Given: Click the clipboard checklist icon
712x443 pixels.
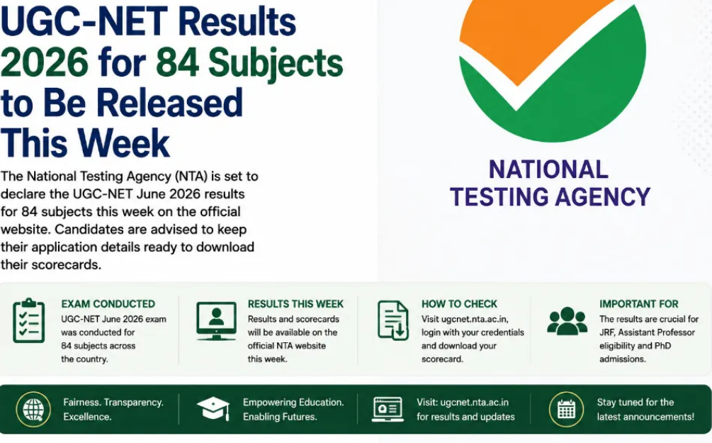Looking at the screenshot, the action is coord(28,320).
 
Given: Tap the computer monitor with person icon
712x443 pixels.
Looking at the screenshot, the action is coord(216,321).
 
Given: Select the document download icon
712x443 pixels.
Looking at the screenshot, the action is coord(392,320).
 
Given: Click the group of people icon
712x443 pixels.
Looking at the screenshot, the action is coord(567,321).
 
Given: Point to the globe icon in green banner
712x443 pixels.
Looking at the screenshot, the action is coord(33,410).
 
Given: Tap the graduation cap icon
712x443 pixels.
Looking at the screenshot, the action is coord(213,408).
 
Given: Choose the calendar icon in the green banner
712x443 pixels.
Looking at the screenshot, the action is coord(566,410).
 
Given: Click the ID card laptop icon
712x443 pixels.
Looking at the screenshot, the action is coord(388,410).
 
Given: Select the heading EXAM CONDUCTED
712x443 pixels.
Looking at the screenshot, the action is coord(108,304).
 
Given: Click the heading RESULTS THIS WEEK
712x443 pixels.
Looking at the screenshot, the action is coord(295,304).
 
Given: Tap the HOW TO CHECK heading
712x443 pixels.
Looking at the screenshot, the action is coord(459,304).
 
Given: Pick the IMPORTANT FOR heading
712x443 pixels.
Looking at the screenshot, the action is coord(639,304).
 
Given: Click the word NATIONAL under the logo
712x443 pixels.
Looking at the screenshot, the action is coord(548,170).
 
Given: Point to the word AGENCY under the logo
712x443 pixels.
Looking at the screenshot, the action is coord(603,197).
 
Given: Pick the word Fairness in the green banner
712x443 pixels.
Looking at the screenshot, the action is coord(81,403).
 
